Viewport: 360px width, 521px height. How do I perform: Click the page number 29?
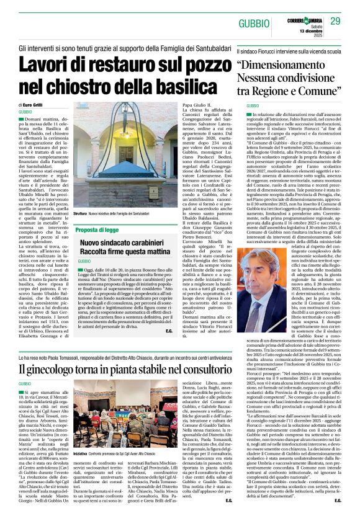click(x=335, y=22)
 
